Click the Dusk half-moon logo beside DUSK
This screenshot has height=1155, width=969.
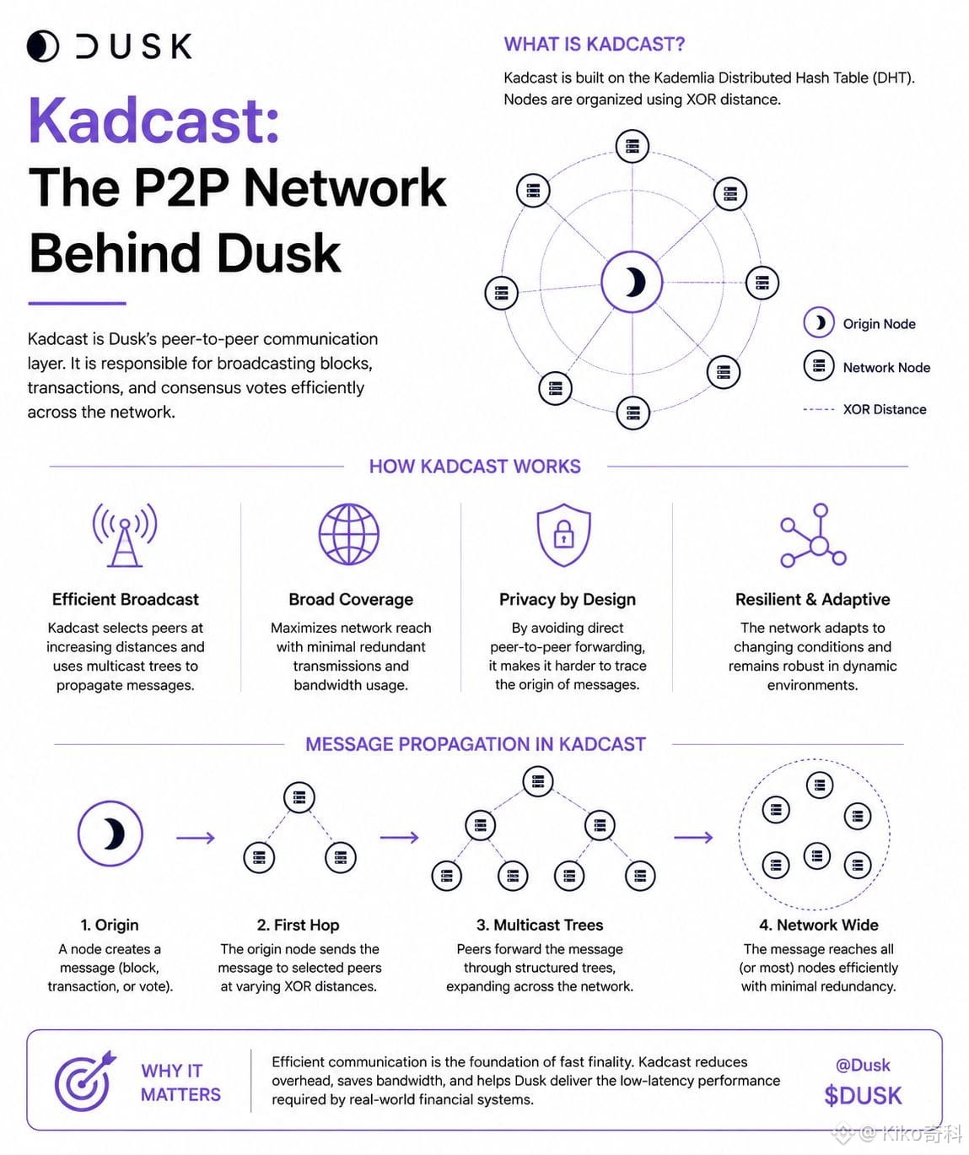(x=42, y=46)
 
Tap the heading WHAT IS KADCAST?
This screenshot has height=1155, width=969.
(x=594, y=44)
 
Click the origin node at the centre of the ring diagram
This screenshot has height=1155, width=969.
(x=632, y=282)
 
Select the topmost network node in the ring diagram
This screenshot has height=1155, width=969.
(x=633, y=146)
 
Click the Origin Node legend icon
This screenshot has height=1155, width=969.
(x=819, y=322)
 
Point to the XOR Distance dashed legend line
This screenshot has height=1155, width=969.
(x=819, y=409)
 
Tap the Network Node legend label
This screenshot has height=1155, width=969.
(x=886, y=367)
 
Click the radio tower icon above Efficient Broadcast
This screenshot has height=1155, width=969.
(x=125, y=534)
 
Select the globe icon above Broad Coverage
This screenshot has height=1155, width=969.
(x=349, y=534)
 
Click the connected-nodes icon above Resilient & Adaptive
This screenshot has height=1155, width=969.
(x=813, y=535)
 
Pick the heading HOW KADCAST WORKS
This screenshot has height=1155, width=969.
(x=475, y=467)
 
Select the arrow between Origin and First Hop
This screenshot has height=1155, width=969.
(x=196, y=838)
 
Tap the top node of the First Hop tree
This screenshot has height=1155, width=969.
(x=299, y=797)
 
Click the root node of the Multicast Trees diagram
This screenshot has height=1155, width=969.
(x=537, y=781)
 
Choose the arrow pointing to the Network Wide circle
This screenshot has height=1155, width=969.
(x=693, y=838)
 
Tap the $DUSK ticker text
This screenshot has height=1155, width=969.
(x=863, y=1096)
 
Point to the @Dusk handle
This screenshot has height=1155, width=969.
(x=863, y=1065)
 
